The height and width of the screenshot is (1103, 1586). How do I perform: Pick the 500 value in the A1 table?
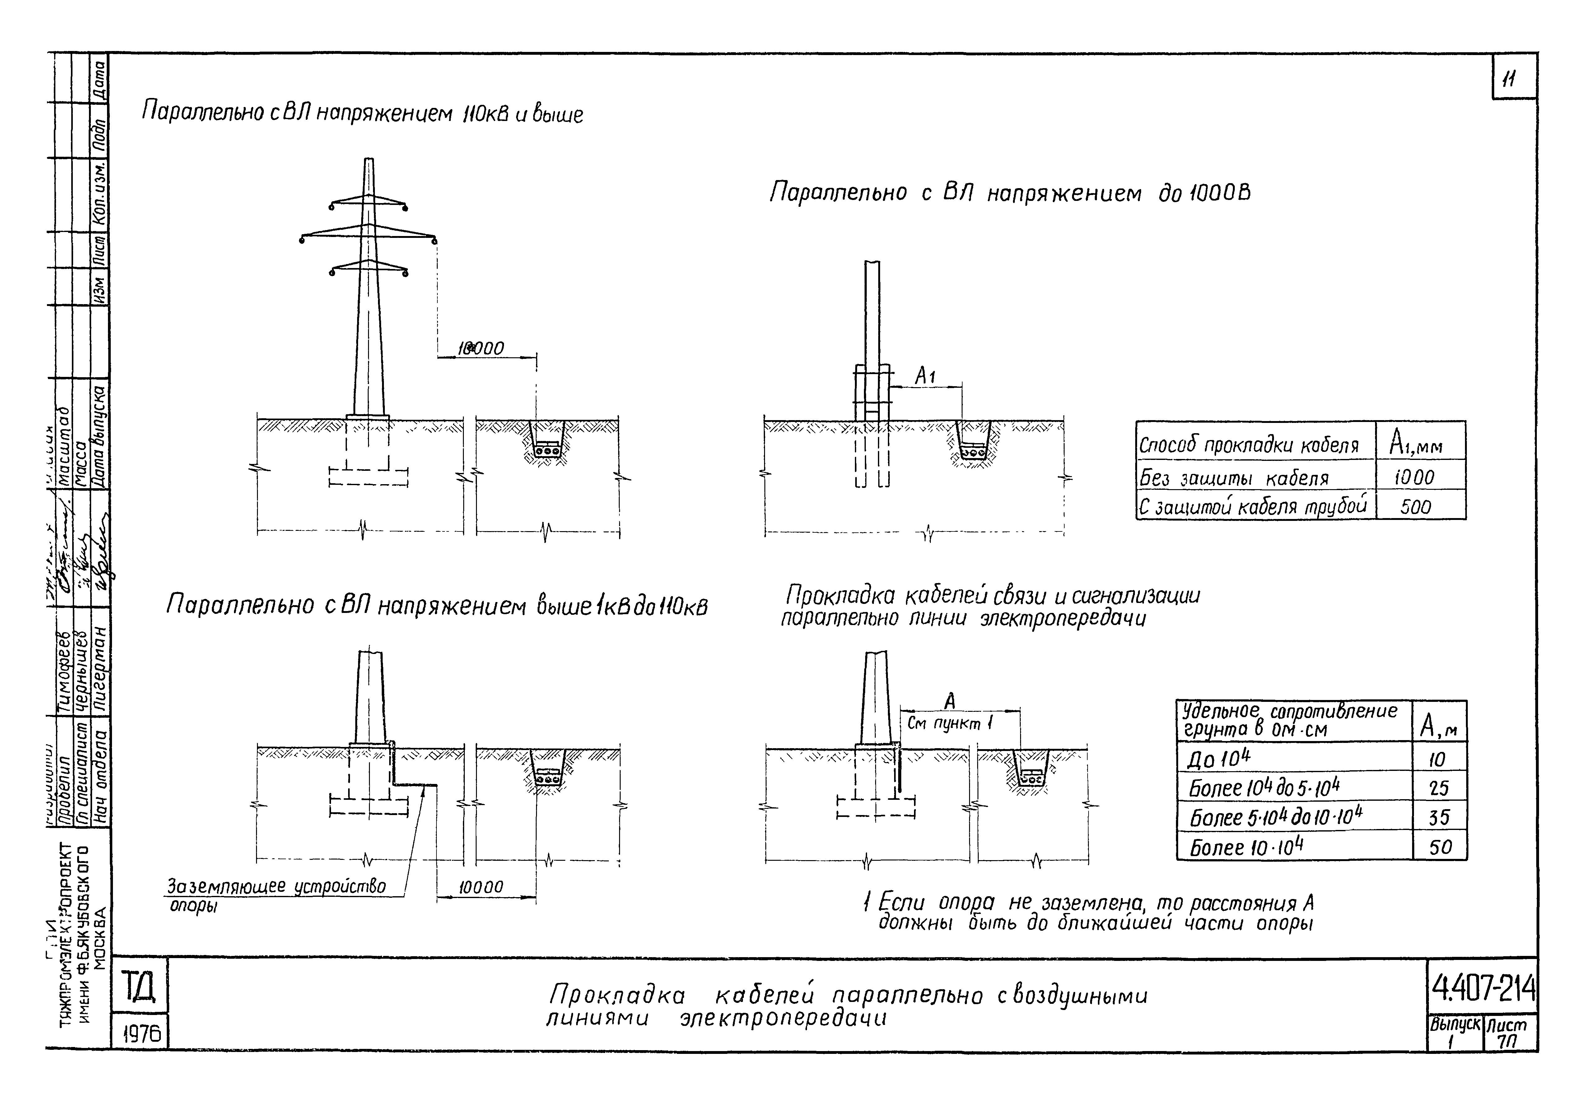coord(1416,507)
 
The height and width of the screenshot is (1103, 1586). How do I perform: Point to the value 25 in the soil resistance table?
coord(1439,788)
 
